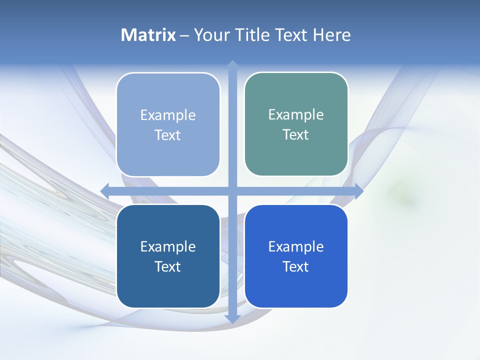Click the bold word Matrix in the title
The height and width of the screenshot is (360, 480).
(x=148, y=35)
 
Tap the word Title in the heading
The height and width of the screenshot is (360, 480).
(x=254, y=35)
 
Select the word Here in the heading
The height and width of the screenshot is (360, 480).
(x=331, y=35)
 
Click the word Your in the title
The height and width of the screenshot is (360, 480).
(x=211, y=35)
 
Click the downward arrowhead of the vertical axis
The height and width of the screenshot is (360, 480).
(x=232, y=318)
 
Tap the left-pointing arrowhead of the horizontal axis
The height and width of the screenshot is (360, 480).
(x=105, y=190)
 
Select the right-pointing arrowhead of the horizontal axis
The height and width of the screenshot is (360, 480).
(x=359, y=190)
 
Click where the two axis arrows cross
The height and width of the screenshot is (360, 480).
(x=232, y=190)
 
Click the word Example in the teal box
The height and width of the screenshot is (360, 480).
(x=296, y=114)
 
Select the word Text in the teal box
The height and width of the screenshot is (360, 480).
(x=296, y=134)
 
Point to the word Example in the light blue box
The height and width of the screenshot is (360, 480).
(x=168, y=115)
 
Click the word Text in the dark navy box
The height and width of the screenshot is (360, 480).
(x=168, y=266)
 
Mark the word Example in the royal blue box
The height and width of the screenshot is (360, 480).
(x=296, y=246)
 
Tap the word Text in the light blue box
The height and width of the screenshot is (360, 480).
(x=168, y=135)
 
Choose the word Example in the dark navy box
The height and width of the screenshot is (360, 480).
(x=168, y=246)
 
